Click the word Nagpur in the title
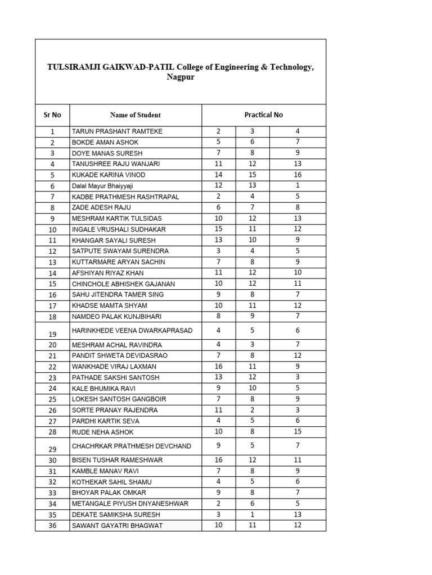tap(180, 77)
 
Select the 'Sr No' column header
tap(52, 115)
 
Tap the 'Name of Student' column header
tap(135, 115)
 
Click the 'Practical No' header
tap(263, 115)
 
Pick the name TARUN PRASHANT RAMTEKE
tap(116, 131)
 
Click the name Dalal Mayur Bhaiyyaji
tap(102, 186)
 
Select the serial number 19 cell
tap(52, 334)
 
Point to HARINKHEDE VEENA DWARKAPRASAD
tap(132, 331)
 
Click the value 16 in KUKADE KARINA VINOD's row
tap(298, 175)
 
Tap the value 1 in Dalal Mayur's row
tap(298, 186)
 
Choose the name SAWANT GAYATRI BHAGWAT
tap(117, 526)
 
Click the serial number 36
tap(52, 526)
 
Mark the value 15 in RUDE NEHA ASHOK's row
tap(298, 432)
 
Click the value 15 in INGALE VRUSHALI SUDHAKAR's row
tap(218, 229)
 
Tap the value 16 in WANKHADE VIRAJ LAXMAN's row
tap(218, 366)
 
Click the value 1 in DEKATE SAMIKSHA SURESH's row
tap(252, 514)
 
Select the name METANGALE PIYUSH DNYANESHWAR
tap(130, 504)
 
